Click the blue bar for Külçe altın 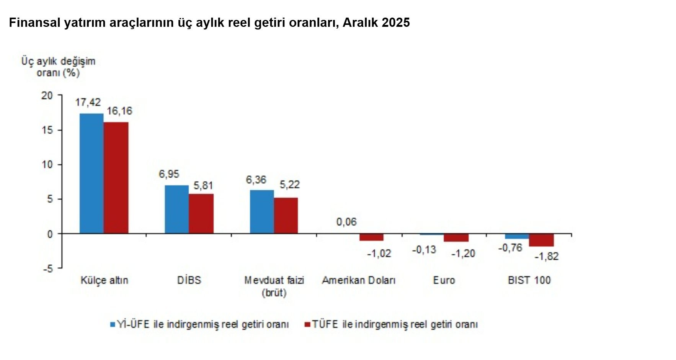tap(91, 173)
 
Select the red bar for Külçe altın tap(116, 178)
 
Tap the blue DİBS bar tap(177, 209)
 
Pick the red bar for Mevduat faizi tap(286, 216)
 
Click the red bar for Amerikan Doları tap(371, 237)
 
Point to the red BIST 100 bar tap(541, 240)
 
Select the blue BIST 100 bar tap(517, 236)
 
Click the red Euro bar tap(456, 237)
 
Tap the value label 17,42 tap(88, 102)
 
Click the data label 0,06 tap(346, 222)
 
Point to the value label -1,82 tap(547, 256)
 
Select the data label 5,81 tap(203, 186)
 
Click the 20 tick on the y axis tap(47, 95)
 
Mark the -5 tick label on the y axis tap(48, 268)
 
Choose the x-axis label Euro tap(444, 280)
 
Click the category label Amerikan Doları tap(359, 280)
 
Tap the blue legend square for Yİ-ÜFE tap(113, 324)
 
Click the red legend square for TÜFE tap(307, 324)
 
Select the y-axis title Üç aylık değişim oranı tap(58, 67)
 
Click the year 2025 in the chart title tap(395, 23)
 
